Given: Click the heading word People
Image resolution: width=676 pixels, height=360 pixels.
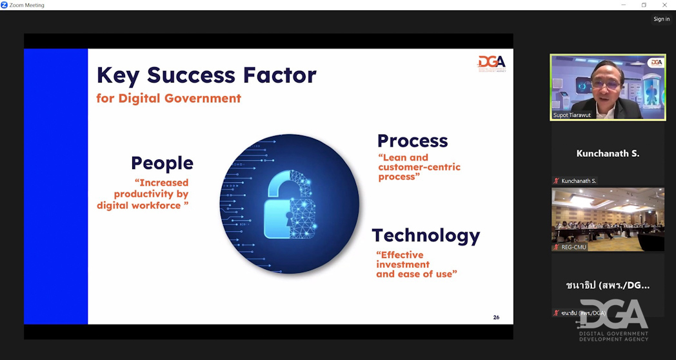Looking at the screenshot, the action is coord(162,163).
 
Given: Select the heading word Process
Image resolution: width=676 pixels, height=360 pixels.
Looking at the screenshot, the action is coord(413,141).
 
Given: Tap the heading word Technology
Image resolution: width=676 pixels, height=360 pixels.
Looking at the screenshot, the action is coord(426,236).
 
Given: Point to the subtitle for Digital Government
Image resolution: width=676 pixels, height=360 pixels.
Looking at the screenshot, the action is coord(168,98).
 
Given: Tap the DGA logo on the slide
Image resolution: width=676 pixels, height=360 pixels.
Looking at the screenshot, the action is coord(492,64).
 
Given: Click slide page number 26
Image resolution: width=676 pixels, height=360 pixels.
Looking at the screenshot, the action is coord(496,317).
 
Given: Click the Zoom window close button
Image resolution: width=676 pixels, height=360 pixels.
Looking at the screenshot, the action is coord(664,5).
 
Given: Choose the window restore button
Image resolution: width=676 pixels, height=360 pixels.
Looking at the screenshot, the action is coord(644,5).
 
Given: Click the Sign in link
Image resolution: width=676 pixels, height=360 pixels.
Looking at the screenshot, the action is coord(661,19).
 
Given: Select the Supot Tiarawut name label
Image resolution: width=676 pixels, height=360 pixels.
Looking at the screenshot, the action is coord(572,115).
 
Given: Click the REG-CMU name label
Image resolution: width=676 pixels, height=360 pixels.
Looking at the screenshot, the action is coord(574,248).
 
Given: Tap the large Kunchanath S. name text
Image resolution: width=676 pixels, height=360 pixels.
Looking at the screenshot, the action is coord(608,154).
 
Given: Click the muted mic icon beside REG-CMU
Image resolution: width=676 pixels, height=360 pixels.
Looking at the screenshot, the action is coord(556,248).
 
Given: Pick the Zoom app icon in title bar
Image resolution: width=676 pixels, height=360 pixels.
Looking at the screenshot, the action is coord(5,5).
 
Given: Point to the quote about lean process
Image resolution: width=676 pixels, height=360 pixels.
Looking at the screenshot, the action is coord(419,167).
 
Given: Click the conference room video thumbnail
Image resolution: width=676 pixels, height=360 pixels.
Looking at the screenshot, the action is coord(608,219).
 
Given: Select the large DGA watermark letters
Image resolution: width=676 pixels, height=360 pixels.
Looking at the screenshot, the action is coord(613,314).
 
